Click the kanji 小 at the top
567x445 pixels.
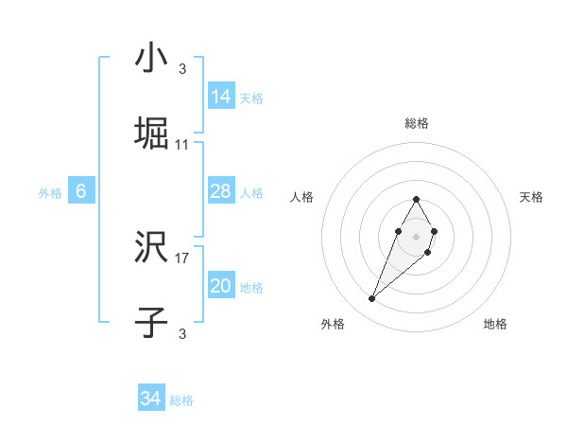coord(151,59)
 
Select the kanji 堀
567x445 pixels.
coord(152,134)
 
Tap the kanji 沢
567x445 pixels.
coord(152,249)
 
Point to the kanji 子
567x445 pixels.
coord(152,324)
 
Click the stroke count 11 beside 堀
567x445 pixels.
coord(182,145)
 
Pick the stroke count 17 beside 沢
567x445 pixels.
coord(182,258)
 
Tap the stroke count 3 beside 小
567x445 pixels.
coord(182,68)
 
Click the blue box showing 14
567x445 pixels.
coord(221,97)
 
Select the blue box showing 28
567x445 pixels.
coord(221,192)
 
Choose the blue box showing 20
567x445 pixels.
coord(221,287)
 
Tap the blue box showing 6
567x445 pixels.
coord(81,192)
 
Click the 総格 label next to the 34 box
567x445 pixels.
coord(181,400)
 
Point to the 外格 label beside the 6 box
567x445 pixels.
coord(50,193)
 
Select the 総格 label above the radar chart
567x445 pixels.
coord(416,123)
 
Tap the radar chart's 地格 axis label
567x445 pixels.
coord(495,324)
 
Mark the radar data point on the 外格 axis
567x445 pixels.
coord(371,299)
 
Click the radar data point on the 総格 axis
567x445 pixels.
coord(416,199)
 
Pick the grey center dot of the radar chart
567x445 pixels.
coord(416,236)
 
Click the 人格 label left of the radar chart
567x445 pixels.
coord(302,197)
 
